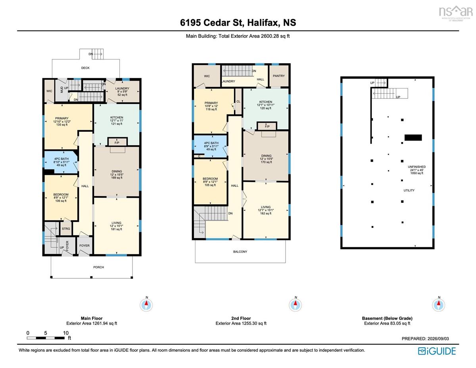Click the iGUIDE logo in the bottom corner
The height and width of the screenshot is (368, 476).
coord(437,351)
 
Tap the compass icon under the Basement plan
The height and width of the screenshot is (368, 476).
coord(439,304)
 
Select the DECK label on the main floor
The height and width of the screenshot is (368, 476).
coord(85,68)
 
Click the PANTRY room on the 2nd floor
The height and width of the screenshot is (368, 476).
coord(278,76)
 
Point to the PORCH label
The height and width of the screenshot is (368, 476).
coord(99,267)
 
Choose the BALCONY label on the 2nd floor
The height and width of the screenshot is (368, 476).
coord(240,252)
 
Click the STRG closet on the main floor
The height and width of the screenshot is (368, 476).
coord(66,229)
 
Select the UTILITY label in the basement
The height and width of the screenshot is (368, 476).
coord(409,191)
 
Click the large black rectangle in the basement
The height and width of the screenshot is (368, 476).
coord(413,137)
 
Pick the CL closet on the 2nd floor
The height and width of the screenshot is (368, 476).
coord(238,102)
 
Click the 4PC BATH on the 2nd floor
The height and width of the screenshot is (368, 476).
coord(211,146)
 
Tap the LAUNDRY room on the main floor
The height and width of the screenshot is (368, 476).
coord(123,92)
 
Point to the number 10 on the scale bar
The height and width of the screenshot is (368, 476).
coord(66,333)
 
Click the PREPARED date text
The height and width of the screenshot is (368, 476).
coord(425,339)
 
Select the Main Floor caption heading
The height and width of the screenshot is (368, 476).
coord(92,318)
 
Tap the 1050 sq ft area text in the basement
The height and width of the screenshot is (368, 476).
coord(416,173)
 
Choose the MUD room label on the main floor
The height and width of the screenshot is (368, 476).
coord(61,89)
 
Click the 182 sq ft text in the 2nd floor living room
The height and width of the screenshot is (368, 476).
coord(266,213)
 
